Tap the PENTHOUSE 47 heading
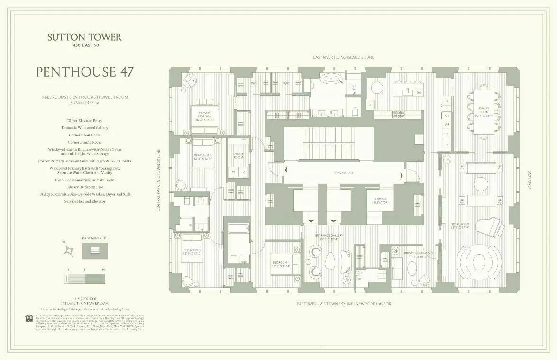coord(84,72)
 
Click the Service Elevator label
coord(381,200)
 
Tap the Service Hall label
coord(344,173)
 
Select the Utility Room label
coord(238,156)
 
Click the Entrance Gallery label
coord(329,237)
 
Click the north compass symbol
coord(70,249)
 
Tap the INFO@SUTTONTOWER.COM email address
coord(84,303)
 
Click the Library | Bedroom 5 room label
coord(419,254)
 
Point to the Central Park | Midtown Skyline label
coord(159,180)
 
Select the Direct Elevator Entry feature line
coord(84,121)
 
